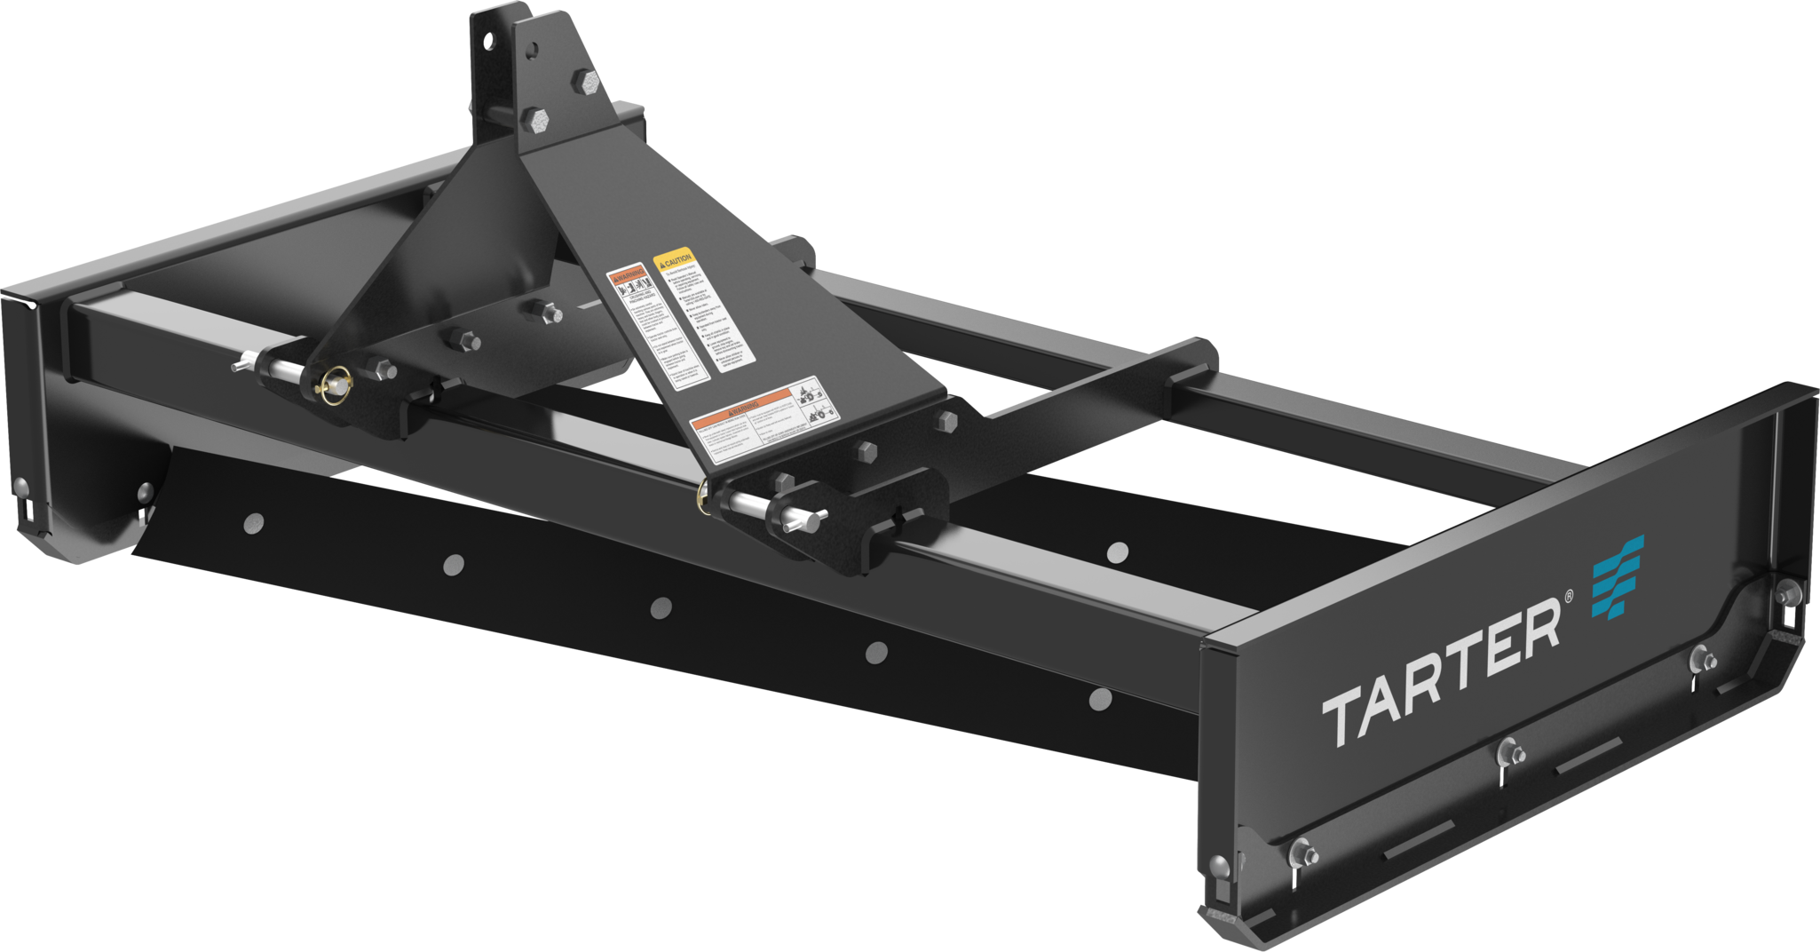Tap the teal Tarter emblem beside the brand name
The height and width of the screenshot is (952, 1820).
click(x=1617, y=576)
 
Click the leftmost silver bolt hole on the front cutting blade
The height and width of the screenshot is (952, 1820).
click(x=253, y=524)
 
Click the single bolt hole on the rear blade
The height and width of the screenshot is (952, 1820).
click(x=1119, y=552)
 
